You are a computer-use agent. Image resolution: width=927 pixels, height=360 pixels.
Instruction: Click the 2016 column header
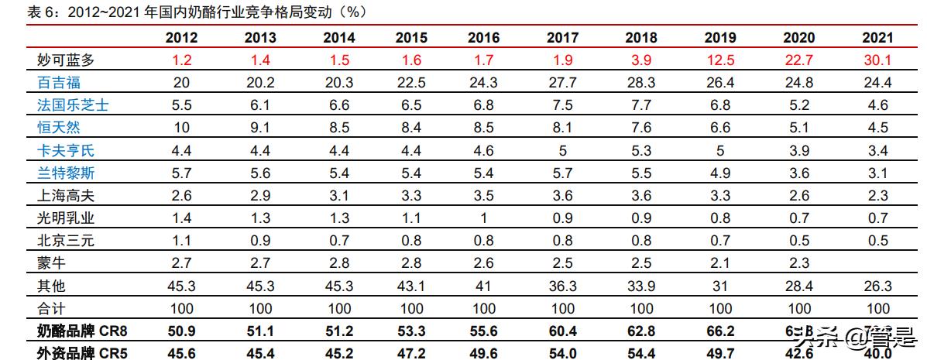484,37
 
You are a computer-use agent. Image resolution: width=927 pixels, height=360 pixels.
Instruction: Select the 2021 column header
877,37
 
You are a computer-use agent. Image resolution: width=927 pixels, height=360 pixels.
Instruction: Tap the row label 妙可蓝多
66,60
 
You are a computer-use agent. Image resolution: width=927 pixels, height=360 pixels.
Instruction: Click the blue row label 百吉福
59,82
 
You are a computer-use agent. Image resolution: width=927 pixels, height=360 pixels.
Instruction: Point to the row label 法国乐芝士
73,105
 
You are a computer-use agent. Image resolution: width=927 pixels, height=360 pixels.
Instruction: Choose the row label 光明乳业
66,218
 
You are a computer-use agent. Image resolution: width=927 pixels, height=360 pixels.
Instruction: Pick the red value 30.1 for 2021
877,60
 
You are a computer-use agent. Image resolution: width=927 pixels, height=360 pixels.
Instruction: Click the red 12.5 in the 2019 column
720,60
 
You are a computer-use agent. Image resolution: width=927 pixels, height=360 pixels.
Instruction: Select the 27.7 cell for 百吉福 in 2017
562,82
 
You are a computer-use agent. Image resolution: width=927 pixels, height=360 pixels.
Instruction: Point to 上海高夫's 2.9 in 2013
260,196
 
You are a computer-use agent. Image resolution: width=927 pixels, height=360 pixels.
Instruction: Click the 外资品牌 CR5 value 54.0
562,354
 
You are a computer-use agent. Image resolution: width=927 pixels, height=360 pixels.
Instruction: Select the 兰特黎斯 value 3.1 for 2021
877,173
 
